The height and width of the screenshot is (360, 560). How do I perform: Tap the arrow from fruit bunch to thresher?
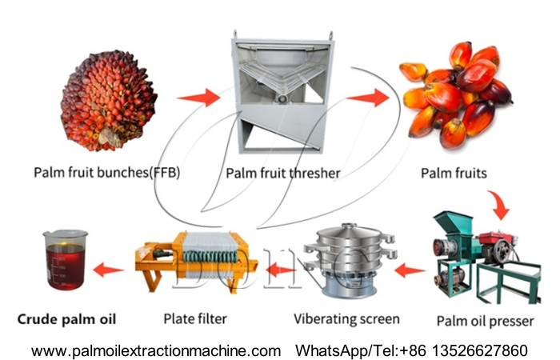pyautogui.click(x=198, y=98)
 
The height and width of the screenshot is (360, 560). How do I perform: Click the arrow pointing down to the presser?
pyautogui.click(x=502, y=206)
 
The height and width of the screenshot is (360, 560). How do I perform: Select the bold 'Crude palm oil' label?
pyautogui.click(x=66, y=319)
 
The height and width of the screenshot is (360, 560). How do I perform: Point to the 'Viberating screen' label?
pyautogui.click(x=346, y=318)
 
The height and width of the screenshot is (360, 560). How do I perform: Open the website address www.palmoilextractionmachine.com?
pyautogui.click(x=157, y=350)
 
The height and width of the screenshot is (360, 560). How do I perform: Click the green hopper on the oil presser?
pyautogui.click(x=447, y=224)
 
